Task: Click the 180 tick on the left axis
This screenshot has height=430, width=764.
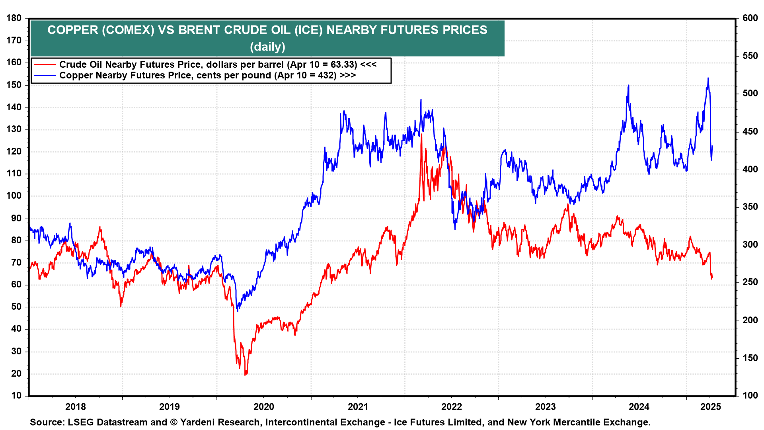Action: (x=14, y=18)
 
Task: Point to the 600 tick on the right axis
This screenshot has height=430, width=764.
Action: (x=750, y=18)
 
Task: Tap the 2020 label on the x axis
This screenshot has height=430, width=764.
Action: (x=264, y=407)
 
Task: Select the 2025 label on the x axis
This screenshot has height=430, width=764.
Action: (x=711, y=407)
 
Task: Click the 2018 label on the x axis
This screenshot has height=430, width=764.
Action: (x=76, y=407)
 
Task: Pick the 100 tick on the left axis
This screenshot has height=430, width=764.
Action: (x=14, y=196)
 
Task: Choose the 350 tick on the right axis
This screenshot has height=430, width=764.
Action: (x=750, y=207)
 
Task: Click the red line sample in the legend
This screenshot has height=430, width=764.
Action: (x=45, y=64)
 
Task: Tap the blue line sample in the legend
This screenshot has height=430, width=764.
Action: (x=45, y=75)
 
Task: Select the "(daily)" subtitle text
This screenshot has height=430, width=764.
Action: (x=267, y=47)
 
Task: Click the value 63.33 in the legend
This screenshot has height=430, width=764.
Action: (x=341, y=64)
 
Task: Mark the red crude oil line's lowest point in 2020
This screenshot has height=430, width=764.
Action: (x=245, y=375)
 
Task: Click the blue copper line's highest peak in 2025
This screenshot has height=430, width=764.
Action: (x=708, y=78)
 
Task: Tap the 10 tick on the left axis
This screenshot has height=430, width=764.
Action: (x=17, y=395)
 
